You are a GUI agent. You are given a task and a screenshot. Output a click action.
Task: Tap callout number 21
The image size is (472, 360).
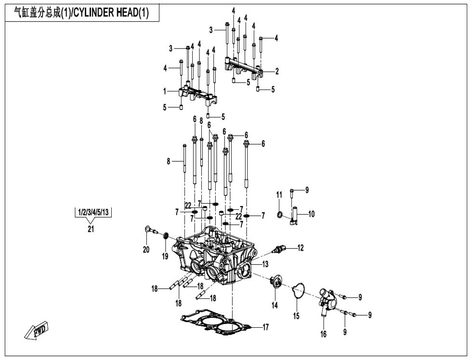pyautogui.click(x=91, y=229)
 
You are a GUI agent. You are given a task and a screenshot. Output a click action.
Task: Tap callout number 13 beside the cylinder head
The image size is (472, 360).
pyautogui.click(x=265, y=264)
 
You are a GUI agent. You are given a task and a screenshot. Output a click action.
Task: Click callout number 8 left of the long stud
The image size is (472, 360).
pyautogui.click(x=169, y=162)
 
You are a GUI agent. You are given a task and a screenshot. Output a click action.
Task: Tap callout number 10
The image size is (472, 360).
pyautogui.click(x=311, y=214)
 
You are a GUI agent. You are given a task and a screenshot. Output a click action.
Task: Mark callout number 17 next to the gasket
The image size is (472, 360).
pyautogui.click(x=265, y=327)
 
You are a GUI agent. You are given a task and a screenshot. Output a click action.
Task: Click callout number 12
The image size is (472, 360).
pyautogui.click(x=301, y=248)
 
